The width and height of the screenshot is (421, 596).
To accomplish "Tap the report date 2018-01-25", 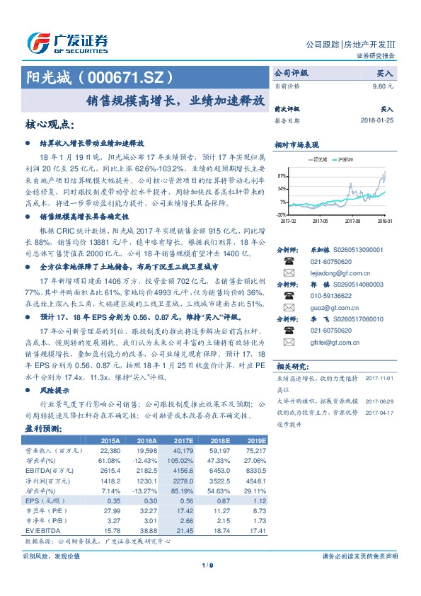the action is [376, 121].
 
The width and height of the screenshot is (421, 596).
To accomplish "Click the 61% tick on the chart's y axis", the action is [281, 175].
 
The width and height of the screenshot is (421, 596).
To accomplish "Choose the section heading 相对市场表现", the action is [297, 143].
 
